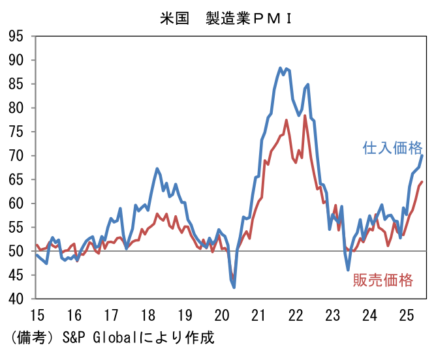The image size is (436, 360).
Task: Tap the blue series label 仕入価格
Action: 392,148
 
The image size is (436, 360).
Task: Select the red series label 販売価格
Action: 383,280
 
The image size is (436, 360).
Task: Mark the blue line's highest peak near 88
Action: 280,68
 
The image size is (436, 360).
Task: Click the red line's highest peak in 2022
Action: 305,116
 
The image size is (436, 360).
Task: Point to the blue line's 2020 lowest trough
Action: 234,287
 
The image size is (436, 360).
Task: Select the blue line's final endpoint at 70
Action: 422,155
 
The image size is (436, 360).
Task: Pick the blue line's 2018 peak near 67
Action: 157,168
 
